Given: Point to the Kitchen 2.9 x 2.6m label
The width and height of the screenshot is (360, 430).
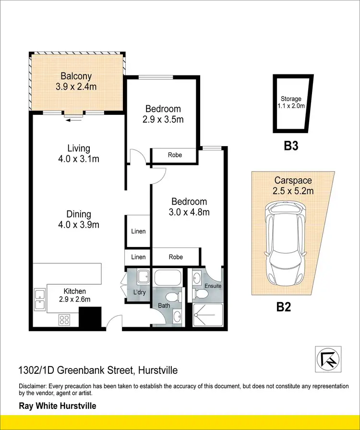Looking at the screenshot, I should tap(75, 295).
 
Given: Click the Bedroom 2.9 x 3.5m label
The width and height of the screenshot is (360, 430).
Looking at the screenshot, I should tap(163, 114).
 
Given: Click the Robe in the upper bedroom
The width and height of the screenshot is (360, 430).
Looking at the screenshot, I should tap(174, 155).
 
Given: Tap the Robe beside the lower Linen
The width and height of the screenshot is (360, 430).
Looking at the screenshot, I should tap(176, 257).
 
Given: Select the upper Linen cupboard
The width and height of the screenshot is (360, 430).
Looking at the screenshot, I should tap(138, 231).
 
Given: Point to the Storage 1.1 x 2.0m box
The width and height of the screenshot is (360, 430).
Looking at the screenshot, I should tap(292, 103).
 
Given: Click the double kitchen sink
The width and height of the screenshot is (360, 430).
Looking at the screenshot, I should tap(39, 300).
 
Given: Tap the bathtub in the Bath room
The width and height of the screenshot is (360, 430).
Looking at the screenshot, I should tap(167, 279).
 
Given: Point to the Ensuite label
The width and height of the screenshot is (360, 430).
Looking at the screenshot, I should tap(213, 286).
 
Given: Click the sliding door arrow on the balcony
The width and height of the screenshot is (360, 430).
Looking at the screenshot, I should tap(74, 120).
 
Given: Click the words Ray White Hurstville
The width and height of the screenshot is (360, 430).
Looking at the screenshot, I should tap(58, 406).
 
